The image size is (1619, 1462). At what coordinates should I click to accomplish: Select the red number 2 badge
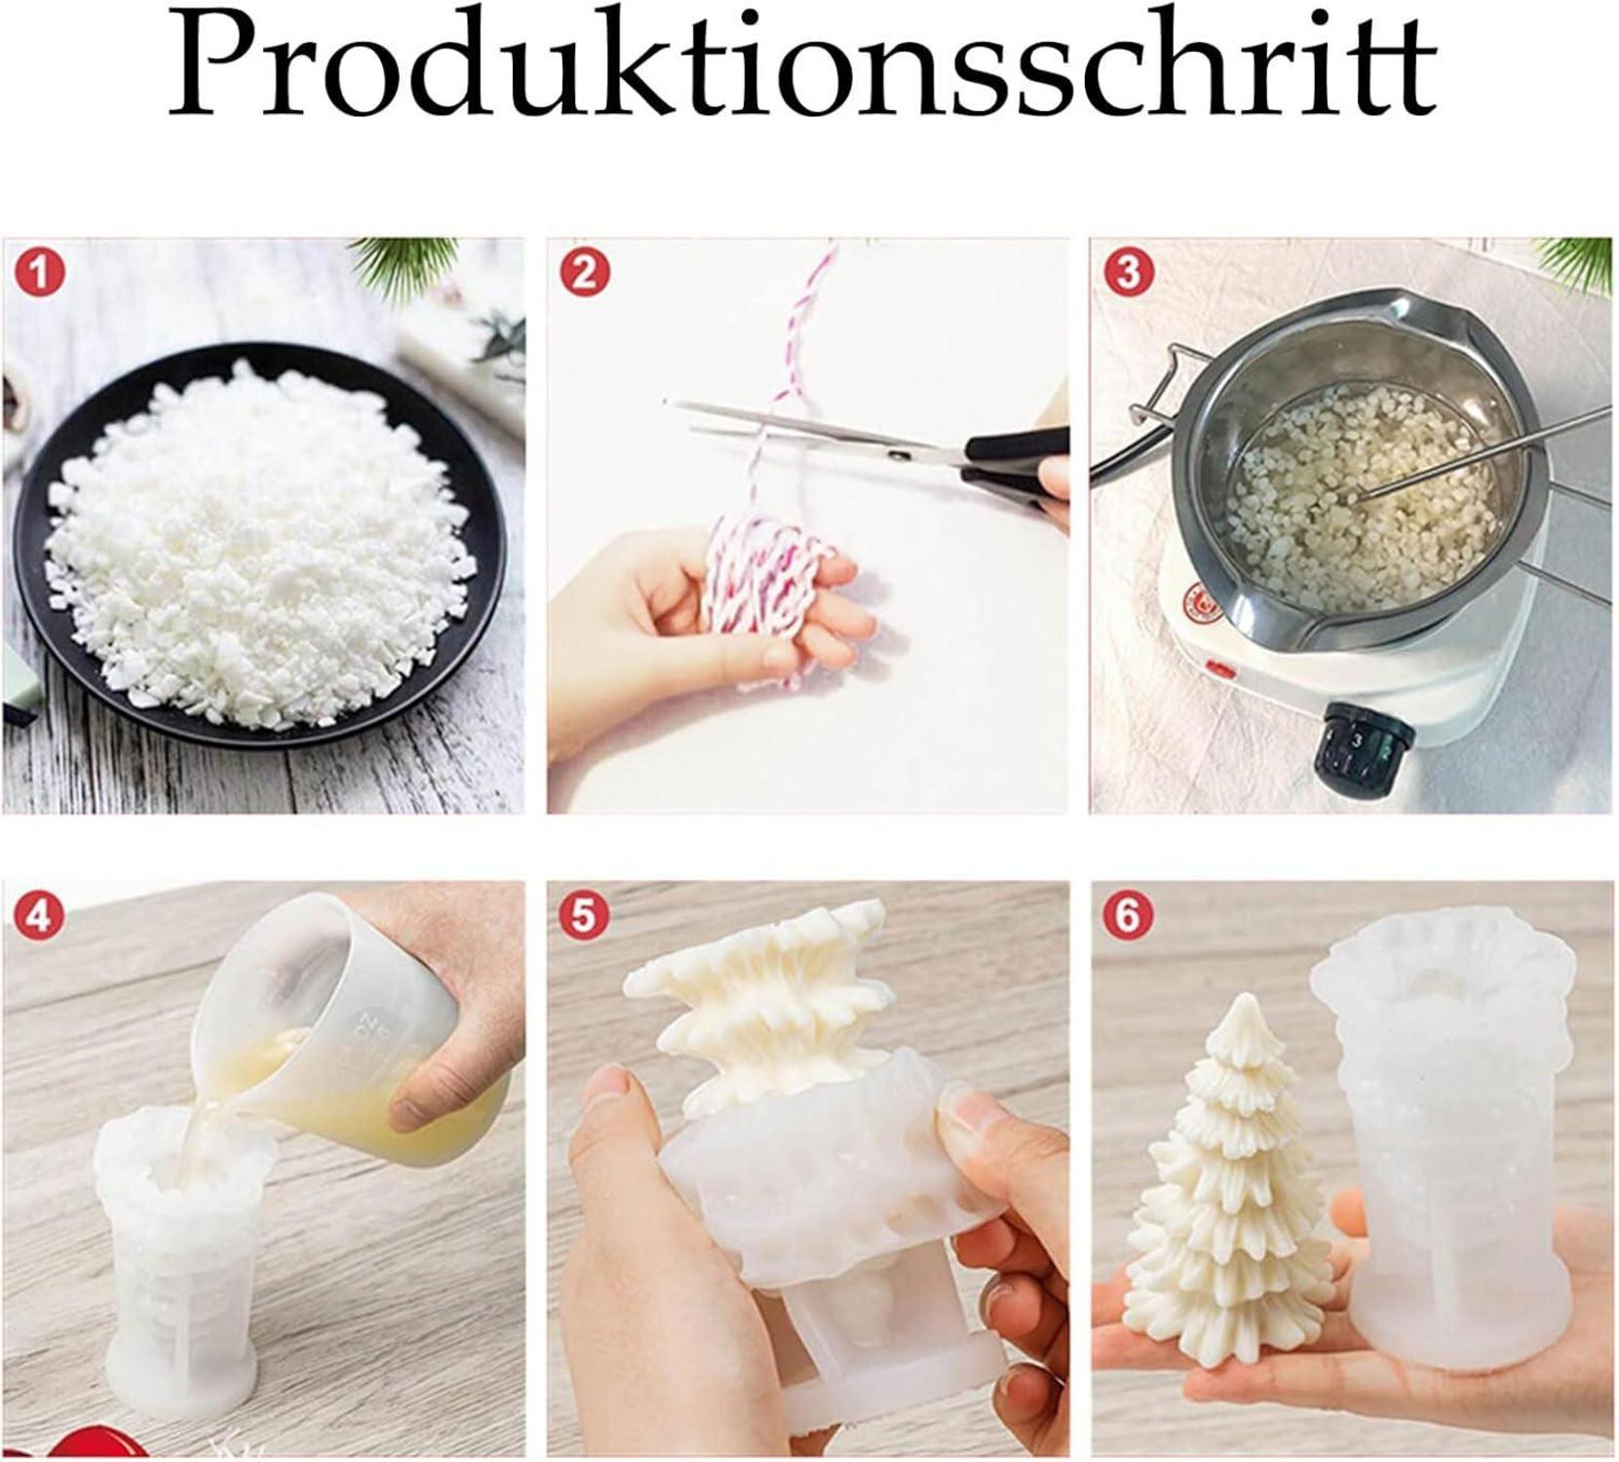(584, 273)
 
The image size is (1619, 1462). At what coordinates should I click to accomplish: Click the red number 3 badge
(1128, 273)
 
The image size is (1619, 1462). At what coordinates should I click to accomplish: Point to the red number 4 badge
(39, 916)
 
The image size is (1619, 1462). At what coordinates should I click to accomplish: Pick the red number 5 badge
(584, 916)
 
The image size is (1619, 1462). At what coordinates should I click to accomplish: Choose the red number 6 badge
(1128, 916)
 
